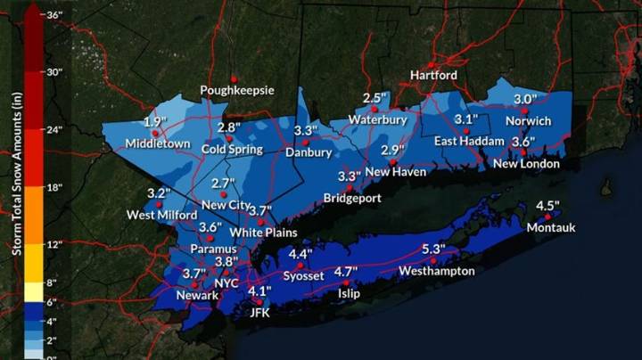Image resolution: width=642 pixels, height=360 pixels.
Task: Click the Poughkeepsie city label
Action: (237, 90)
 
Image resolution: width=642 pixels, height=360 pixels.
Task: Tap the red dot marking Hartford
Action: (431, 65)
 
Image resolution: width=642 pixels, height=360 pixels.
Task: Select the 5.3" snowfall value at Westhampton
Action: (434, 249)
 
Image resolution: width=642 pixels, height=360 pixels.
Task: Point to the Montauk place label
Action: (551, 227)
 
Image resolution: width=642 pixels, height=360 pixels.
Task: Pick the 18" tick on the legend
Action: (54, 188)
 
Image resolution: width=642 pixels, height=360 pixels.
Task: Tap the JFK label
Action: (259, 313)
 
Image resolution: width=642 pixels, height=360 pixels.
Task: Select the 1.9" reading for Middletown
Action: (155, 122)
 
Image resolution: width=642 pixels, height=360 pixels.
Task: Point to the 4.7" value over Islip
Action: (346, 271)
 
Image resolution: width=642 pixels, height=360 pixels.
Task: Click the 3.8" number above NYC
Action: (226, 262)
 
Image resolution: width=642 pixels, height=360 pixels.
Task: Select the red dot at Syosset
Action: (300, 266)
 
